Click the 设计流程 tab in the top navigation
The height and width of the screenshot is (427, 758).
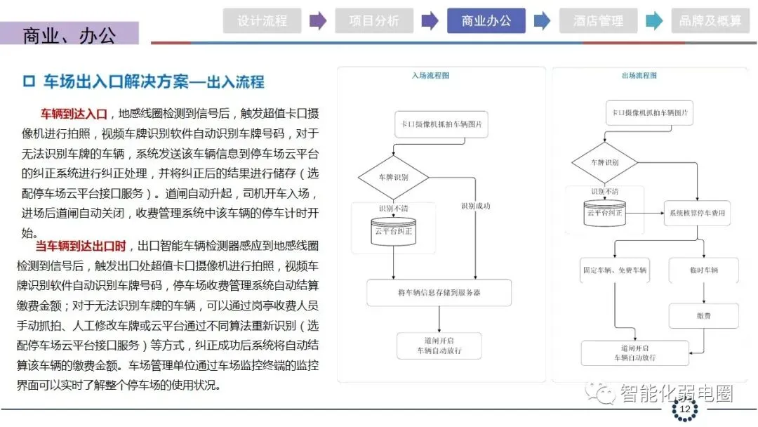(x=262, y=20)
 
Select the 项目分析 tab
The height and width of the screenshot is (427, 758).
(x=374, y=20)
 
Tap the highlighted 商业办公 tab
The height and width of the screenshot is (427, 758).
(x=486, y=20)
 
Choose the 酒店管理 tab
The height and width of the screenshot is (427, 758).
(x=598, y=20)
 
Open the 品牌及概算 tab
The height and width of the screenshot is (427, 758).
(x=710, y=20)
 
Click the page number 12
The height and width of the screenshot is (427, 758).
(x=684, y=409)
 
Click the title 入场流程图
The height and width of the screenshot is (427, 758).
(x=431, y=75)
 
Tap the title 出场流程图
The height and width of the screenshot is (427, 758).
(x=639, y=75)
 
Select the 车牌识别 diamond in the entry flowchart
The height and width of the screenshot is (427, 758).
(x=393, y=177)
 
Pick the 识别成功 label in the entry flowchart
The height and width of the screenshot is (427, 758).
(x=475, y=206)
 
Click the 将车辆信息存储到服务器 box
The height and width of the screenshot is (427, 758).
(x=439, y=292)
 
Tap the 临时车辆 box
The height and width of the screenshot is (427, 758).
(x=703, y=270)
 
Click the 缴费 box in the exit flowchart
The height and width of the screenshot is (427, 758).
(x=703, y=316)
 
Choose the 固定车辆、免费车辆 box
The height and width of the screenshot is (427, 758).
(x=615, y=270)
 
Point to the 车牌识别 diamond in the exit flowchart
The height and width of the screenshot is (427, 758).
(x=604, y=163)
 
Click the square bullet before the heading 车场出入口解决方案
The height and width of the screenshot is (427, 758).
(x=29, y=82)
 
